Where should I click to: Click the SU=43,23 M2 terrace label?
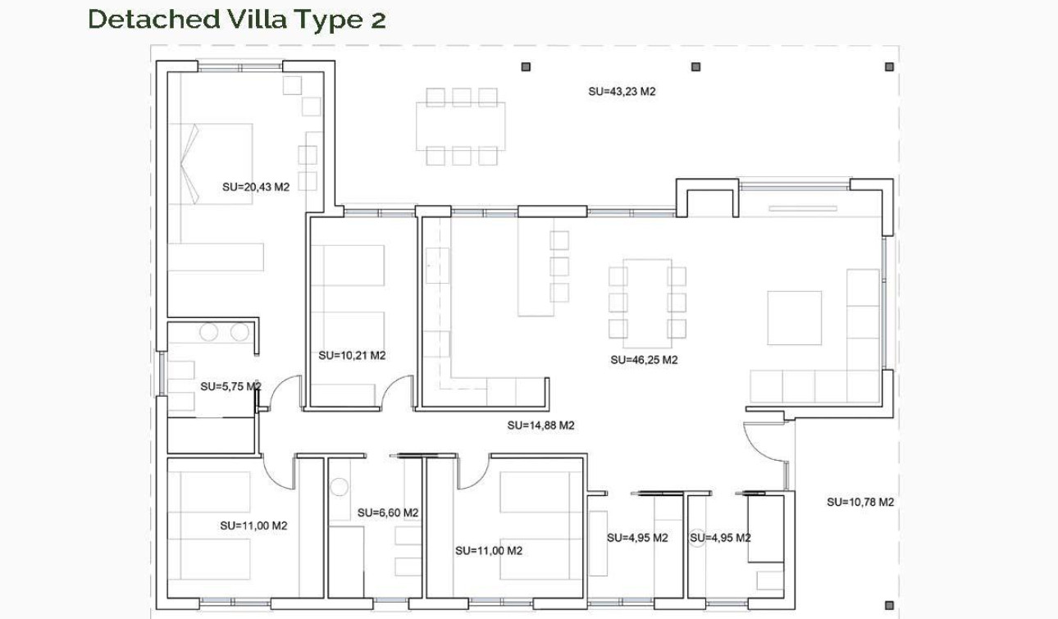point(622,92)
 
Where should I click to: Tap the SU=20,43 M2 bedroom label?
point(256,187)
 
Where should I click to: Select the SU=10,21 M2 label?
point(352,356)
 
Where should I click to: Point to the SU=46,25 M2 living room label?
point(644,360)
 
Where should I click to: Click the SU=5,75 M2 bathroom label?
point(230,386)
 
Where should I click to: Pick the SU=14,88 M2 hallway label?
point(540,426)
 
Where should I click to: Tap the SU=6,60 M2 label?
point(388,512)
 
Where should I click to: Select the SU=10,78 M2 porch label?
point(860,502)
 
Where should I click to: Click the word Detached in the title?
point(153,19)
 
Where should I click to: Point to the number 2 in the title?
point(377,19)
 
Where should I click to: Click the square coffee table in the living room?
point(794,317)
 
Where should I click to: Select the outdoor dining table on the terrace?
point(460,126)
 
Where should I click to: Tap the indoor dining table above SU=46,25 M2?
point(647,298)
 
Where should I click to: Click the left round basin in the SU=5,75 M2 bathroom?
point(209,332)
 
